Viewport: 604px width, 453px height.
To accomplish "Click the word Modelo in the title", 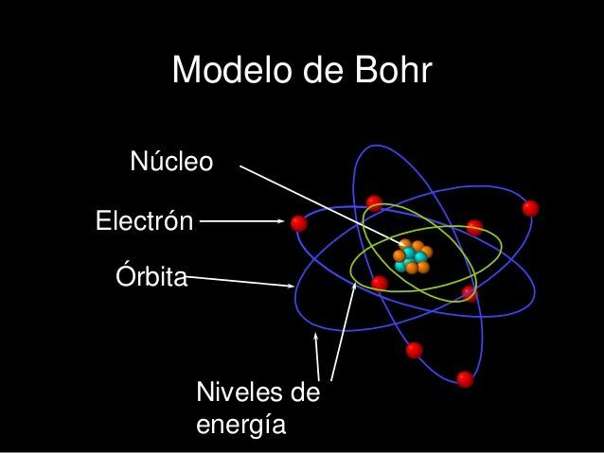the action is click(x=227, y=70).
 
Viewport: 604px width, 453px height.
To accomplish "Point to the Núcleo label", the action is click(x=171, y=162).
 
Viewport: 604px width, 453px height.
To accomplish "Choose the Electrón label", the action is click(x=145, y=222).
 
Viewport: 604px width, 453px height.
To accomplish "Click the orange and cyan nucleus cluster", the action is click(x=412, y=256).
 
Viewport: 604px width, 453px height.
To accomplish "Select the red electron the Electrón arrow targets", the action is click(x=299, y=223).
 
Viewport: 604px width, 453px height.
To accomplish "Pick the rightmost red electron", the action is click(x=530, y=208).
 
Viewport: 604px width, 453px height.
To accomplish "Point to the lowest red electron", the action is click(x=465, y=379).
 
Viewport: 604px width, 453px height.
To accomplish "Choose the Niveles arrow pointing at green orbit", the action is click(x=344, y=331).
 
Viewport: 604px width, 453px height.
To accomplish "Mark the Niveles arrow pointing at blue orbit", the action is click(x=317, y=355).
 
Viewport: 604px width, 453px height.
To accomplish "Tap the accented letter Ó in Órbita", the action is click(x=123, y=275).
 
